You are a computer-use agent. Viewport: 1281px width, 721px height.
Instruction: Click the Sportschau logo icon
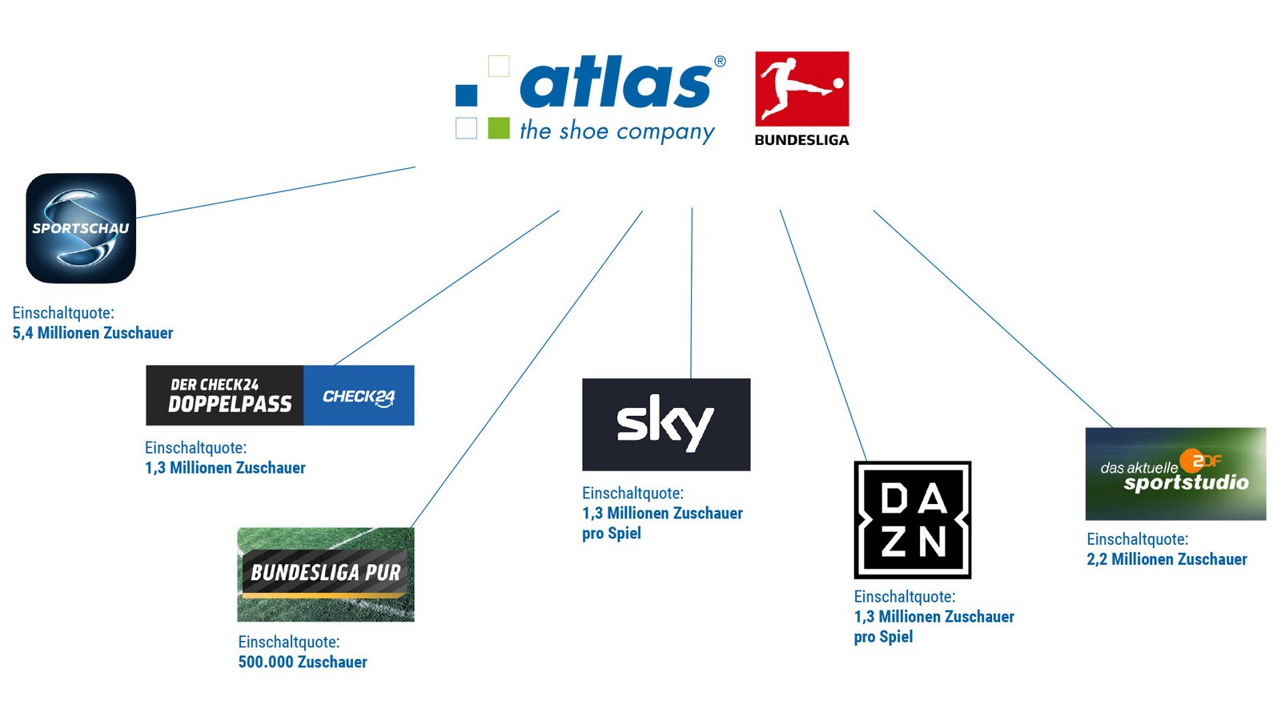(81, 228)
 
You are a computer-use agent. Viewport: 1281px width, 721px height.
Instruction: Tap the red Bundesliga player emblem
(801, 89)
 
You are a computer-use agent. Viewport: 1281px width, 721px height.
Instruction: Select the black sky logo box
(666, 425)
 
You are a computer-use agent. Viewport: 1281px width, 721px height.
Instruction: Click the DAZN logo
(913, 520)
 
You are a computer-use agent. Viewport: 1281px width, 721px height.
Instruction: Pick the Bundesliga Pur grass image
(326, 574)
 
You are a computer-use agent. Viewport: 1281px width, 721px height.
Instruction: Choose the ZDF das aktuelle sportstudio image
(1176, 473)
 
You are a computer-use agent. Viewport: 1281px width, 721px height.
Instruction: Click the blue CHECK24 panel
(359, 396)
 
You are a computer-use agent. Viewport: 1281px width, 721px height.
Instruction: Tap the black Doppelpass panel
(225, 396)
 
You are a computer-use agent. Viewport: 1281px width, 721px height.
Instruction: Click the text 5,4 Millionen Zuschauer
(93, 333)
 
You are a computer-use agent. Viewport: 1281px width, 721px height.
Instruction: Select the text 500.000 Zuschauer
(303, 662)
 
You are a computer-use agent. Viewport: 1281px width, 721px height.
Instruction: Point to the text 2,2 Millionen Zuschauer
(1167, 559)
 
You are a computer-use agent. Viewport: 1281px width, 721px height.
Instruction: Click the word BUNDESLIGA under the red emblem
(801, 140)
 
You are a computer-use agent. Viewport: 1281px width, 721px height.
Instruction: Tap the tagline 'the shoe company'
(617, 131)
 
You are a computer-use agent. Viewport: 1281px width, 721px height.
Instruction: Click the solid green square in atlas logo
(499, 128)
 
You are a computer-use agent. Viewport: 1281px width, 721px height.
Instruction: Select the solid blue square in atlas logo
(467, 95)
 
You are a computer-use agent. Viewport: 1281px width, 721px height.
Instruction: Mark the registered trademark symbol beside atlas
(720, 61)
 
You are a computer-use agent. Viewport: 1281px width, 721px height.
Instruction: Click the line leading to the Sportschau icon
(275, 192)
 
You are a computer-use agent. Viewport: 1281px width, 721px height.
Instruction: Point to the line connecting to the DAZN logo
(824, 336)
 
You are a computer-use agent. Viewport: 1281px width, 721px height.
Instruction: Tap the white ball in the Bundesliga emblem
(838, 83)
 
